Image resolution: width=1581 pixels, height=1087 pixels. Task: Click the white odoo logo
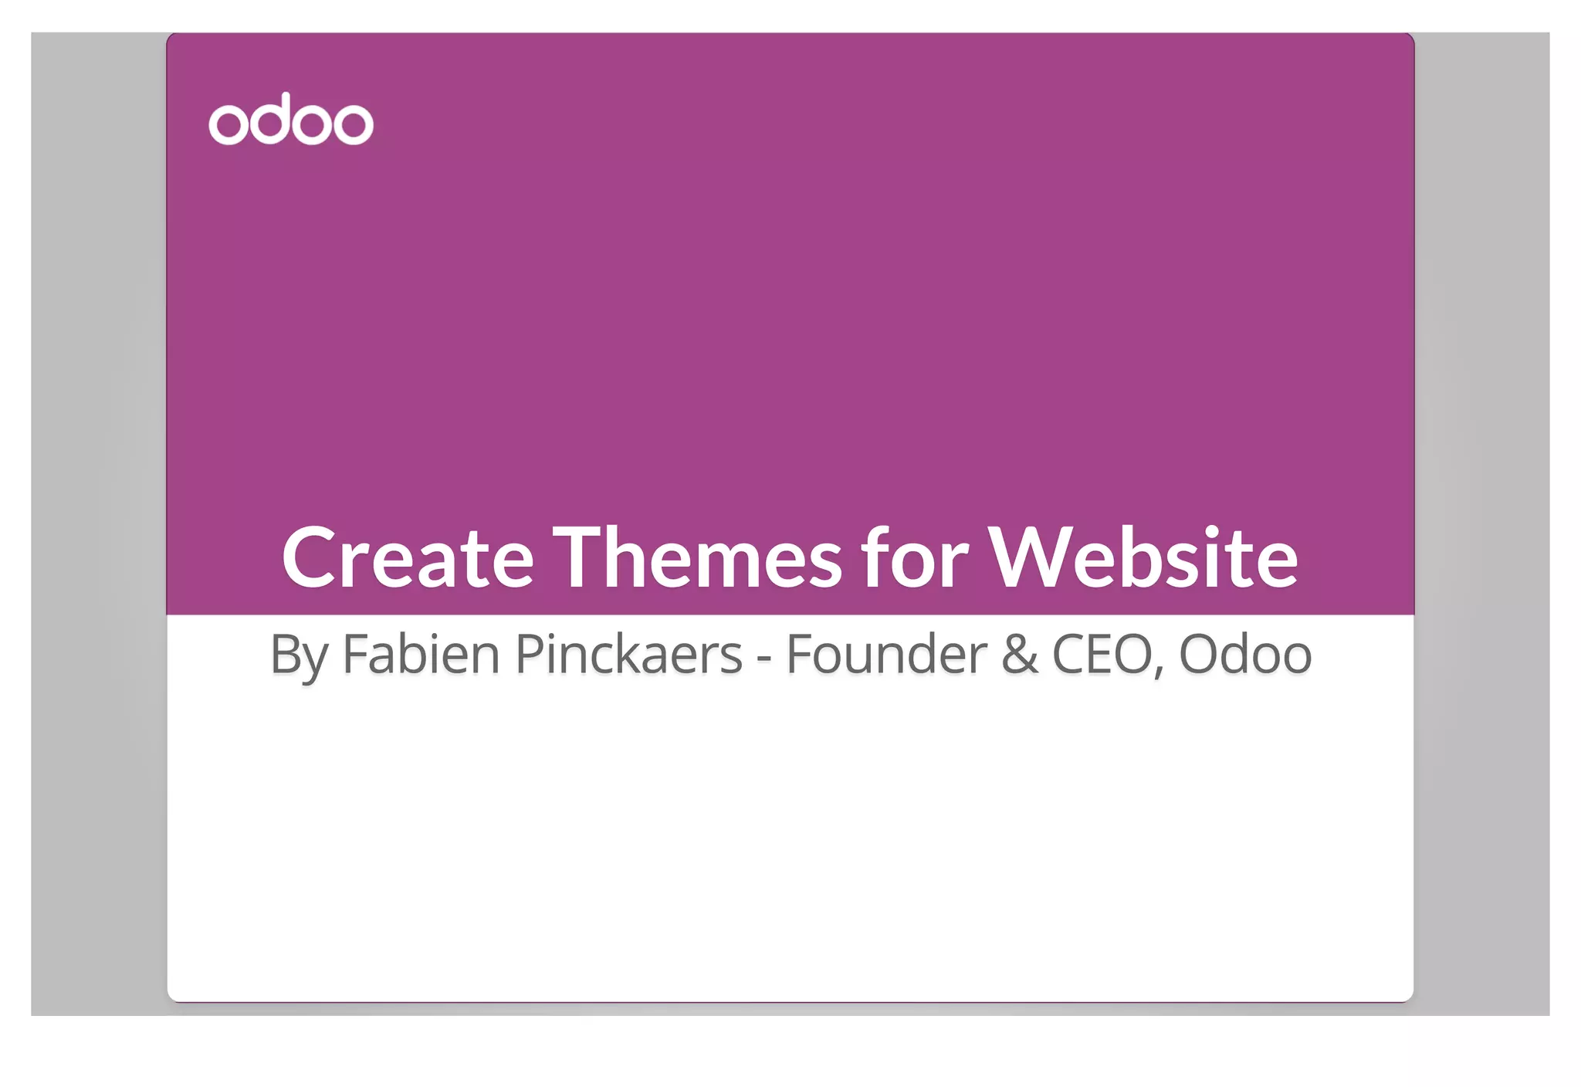pos(291,120)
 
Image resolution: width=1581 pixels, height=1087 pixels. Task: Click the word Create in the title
pos(408,557)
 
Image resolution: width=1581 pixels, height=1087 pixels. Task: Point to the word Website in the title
pos(1143,557)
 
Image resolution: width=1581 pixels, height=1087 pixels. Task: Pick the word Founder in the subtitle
pos(886,655)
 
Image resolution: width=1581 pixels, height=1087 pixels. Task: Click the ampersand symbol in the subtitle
pos(1019,655)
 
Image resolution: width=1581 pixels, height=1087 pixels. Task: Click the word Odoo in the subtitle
pos(1245,655)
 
